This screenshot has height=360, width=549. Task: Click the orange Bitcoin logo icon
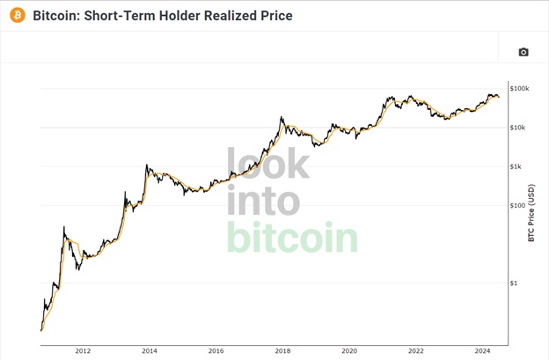[18, 16]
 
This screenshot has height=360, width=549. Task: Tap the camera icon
[523, 52]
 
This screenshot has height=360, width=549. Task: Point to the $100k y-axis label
[520, 89]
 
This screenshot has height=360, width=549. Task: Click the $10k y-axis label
[518, 128]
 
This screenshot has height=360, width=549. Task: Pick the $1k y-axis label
[516, 166]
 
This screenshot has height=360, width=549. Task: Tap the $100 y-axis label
[516, 205]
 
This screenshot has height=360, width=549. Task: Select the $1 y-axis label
[514, 283]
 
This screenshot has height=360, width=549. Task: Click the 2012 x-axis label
[83, 351]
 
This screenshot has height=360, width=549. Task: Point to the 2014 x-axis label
[150, 351]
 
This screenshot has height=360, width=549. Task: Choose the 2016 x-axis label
[216, 351]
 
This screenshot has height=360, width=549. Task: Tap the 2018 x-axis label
[282, 351]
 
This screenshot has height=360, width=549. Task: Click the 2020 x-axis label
[349, 351]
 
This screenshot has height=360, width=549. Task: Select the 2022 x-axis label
[416, 351]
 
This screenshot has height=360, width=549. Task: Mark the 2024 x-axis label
[482, 351]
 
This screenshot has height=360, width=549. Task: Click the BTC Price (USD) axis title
[531, 213]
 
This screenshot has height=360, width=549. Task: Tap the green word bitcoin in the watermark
[292, 237]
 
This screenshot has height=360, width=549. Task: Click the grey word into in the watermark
[263, 200]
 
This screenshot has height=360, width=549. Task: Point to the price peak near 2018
[282, 117]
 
